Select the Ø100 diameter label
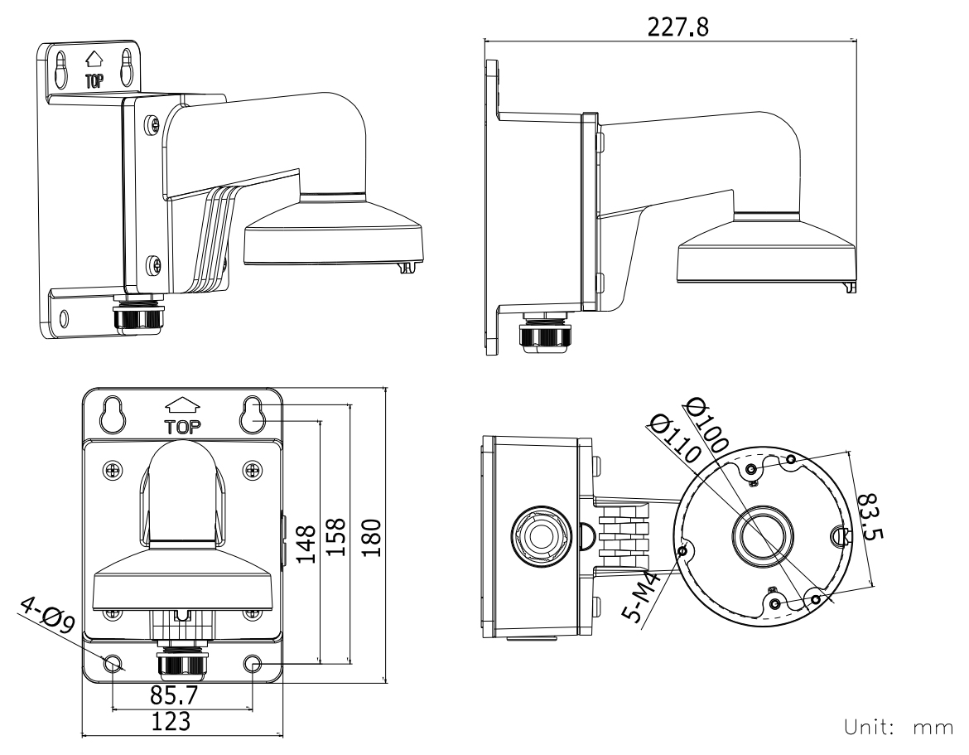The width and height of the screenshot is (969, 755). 707,423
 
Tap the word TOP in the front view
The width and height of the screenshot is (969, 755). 184,428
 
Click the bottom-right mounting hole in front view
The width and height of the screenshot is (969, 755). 253,663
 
